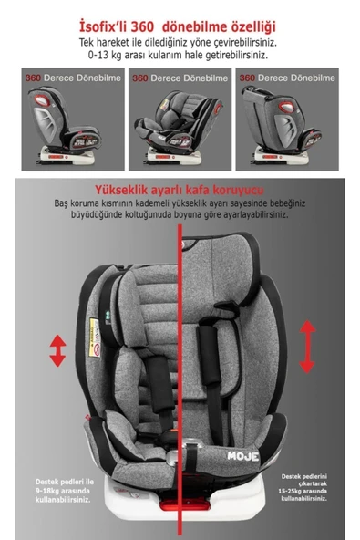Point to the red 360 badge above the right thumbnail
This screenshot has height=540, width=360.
pyautogui.click(x=248, y=78)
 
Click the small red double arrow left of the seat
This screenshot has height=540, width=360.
pyautogui.click(x=57, y=350)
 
